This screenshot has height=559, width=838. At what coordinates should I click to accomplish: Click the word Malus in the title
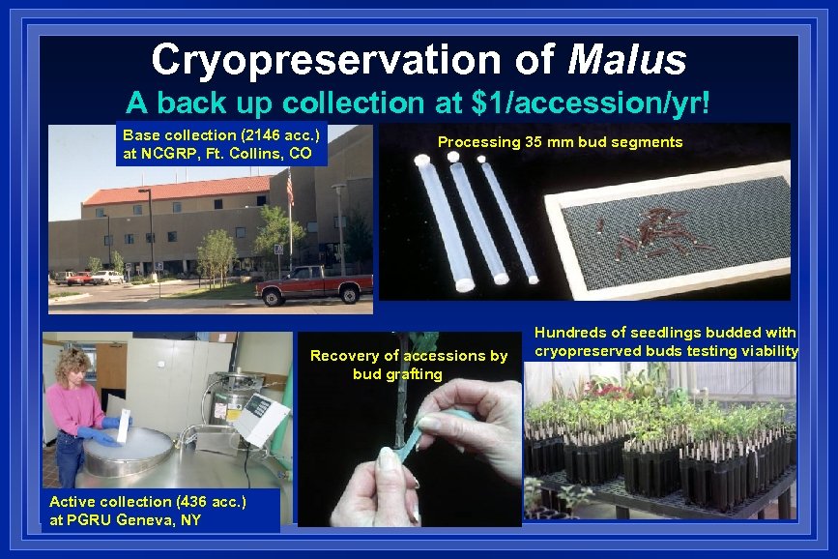(x=627, y=60)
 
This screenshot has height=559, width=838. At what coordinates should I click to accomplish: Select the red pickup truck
(x=315, y=284)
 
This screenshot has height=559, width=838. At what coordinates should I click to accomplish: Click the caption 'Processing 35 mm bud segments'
(x=560, y=142)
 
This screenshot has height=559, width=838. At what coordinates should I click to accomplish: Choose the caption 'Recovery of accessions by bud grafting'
(x=408, y=365)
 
